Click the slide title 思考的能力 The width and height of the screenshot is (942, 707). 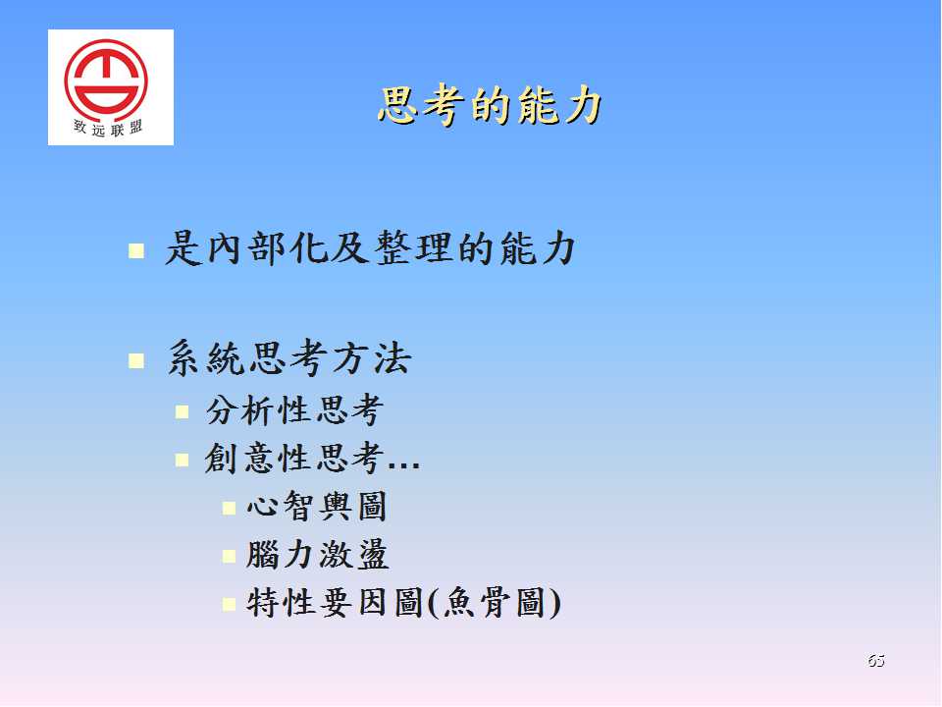pos(490,106)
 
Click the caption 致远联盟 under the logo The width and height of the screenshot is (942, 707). pos(108,128)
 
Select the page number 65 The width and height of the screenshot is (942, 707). pos(876,660)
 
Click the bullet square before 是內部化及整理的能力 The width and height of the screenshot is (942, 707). pos(136,250)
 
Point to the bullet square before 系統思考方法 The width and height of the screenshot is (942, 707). pos(136,360)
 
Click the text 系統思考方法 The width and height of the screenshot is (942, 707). pos(288,358)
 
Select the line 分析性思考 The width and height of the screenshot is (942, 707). pos(294,410)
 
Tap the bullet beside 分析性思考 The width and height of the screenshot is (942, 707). pos(183,411)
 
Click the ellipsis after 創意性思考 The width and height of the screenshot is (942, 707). pos(403,465)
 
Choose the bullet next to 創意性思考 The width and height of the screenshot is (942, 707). pos(183,460)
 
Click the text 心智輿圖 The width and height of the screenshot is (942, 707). pos(317,506)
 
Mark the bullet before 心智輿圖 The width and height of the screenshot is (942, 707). pos(229,508)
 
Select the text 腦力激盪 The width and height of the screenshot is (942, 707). pos(317,554)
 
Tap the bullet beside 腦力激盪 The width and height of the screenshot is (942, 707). pos(229,556)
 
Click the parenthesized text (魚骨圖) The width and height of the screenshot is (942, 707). pos(495,602)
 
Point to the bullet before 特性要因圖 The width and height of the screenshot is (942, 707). pos(229,604)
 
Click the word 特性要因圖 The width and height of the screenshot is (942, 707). pos(335,602)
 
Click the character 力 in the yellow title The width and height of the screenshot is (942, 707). pos(582,106)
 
